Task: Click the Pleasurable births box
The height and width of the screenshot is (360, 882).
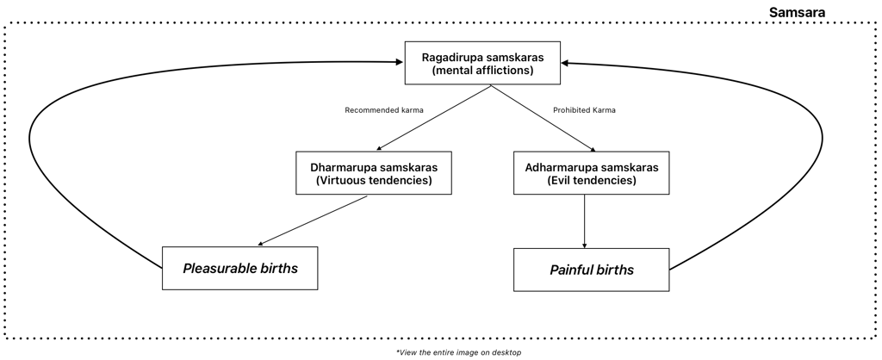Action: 240,268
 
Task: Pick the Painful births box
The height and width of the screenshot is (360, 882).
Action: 591,270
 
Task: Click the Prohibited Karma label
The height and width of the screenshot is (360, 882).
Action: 582,110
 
